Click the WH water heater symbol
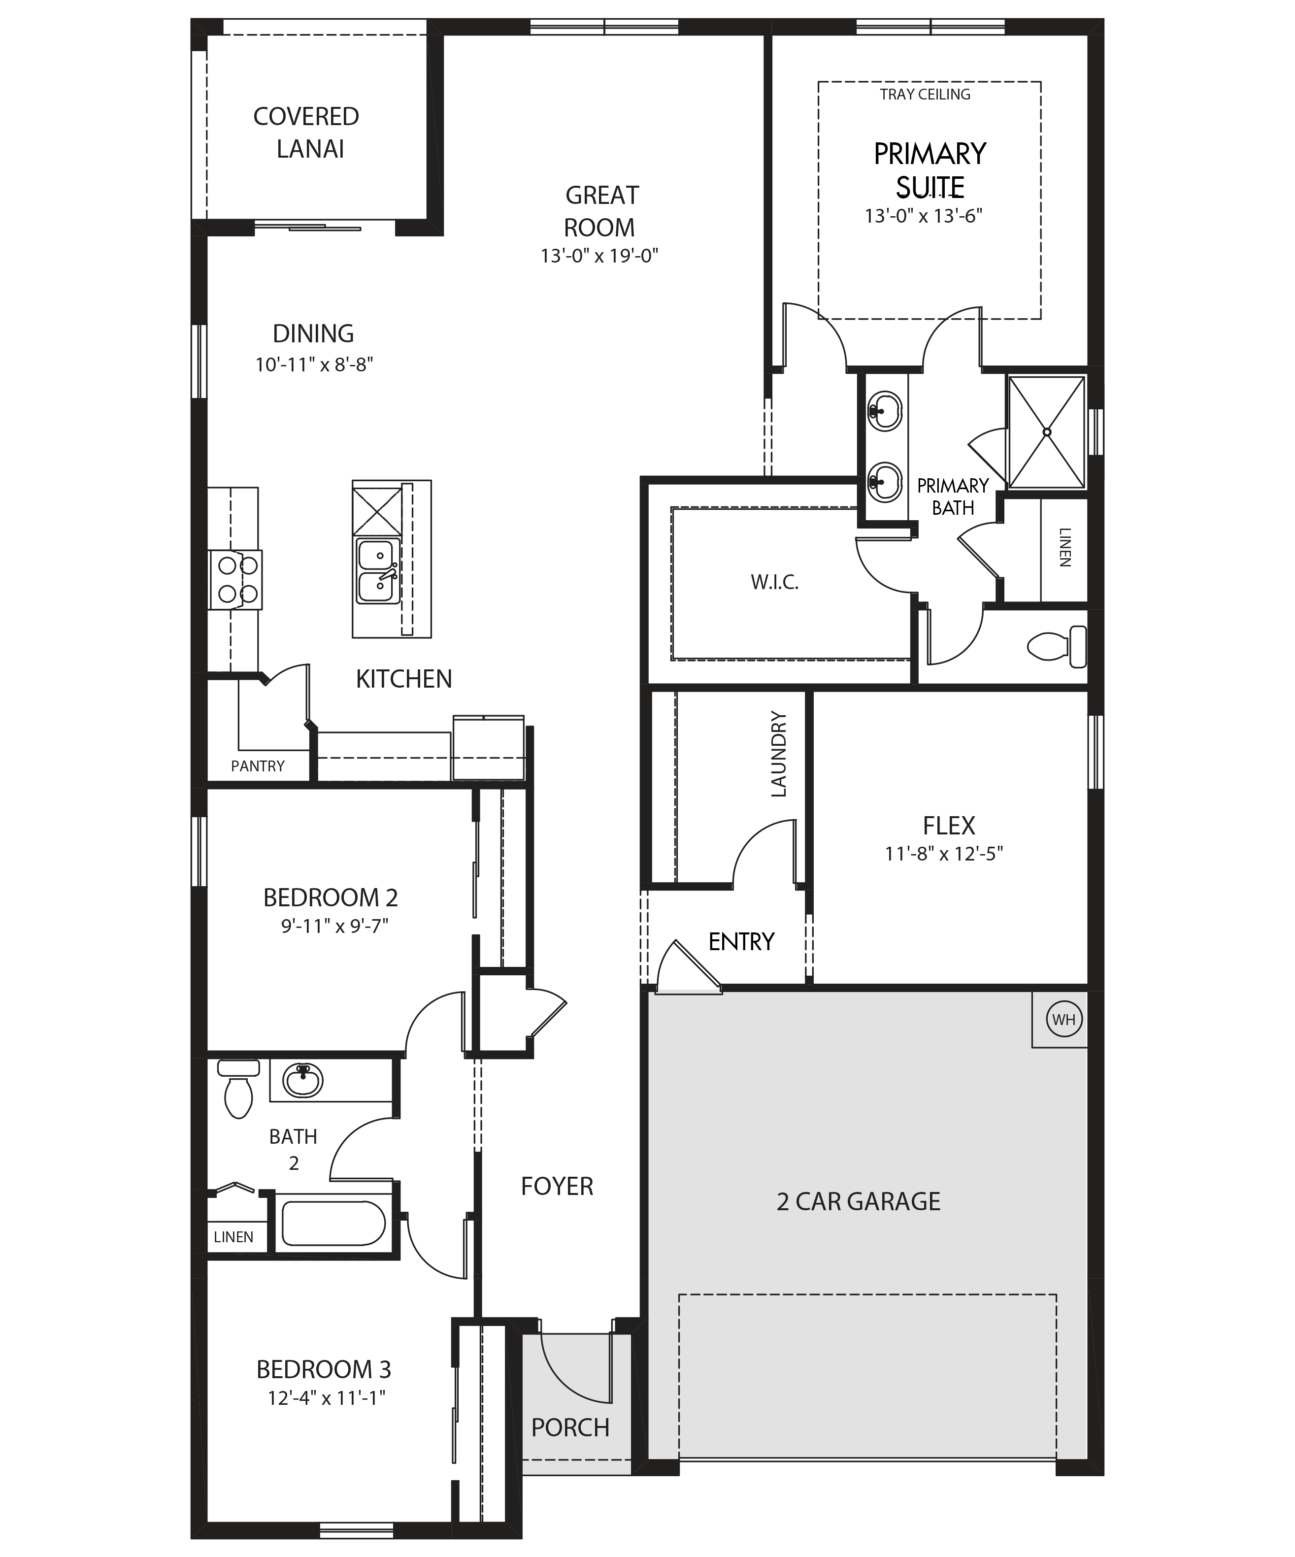click(x=1063, y=1020)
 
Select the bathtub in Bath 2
click(x=333, y=1224)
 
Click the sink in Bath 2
click(x=303, y=1080)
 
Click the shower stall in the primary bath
click(x=1047, y=432)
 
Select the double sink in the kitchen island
click(x=378, y=571)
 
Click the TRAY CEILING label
click(x=925, y=94)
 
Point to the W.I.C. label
click(x=775, y=583)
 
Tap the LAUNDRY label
click(x=778, y=754)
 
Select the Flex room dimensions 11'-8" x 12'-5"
click(x=944, y=854)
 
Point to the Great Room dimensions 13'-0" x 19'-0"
click(x=599, y=256)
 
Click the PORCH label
click(x=570, y=1427)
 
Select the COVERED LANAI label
click(x=306, y=133)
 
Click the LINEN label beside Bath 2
click(x=233, y=1237)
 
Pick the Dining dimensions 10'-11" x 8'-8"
click(x=314, y=365)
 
